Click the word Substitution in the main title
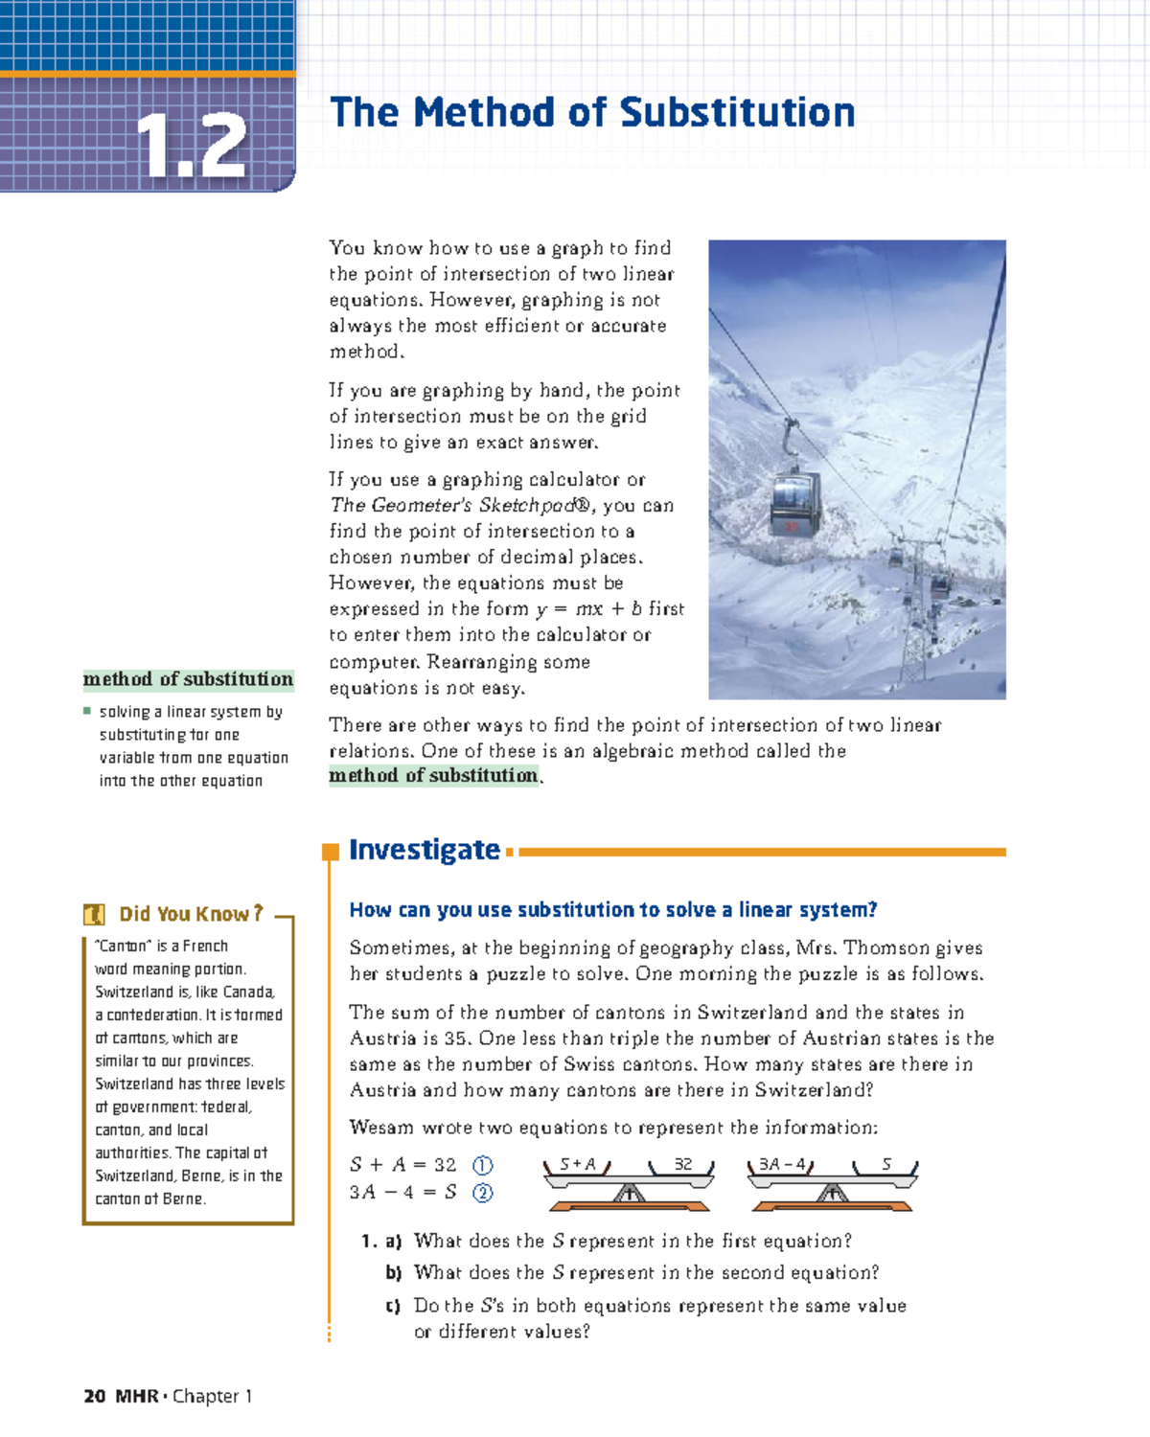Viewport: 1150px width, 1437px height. pyautogui.click(x=737, y=113)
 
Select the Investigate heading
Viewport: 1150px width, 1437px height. pyautogui.click(x=424, y=850)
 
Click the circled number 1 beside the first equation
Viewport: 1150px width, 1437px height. pyautogui.click(x=483, y=1166)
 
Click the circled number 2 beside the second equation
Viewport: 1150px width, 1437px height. pyautogui.click(x=483, y=1193)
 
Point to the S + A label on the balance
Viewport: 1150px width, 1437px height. pyautogui.click(x=578, y=1165)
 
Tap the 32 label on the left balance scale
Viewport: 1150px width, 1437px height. pyautogui.click(x=682, y=1165)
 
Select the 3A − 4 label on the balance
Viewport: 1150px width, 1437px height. pyautogui.click(x=782, y=1165)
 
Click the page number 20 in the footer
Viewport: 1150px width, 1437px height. pyautogui.click(x=94, y=1396)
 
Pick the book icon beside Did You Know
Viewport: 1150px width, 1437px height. pyautogui.click(x=94, y=915)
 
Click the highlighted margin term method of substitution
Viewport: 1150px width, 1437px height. pyautogui.click(x=188, y=679)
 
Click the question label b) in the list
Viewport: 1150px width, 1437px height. pyautogui.click(x=393, y=1273)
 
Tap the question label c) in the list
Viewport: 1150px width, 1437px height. pyautogui.click(x=393, y=1306)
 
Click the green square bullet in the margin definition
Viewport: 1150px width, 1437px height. pyautogui.click(x=87, y=712)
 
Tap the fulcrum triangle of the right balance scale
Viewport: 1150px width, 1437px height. pyautogui.click(x=832, y=1193)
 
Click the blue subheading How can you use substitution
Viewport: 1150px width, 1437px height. pyautogui.click(x=613, y=910)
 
